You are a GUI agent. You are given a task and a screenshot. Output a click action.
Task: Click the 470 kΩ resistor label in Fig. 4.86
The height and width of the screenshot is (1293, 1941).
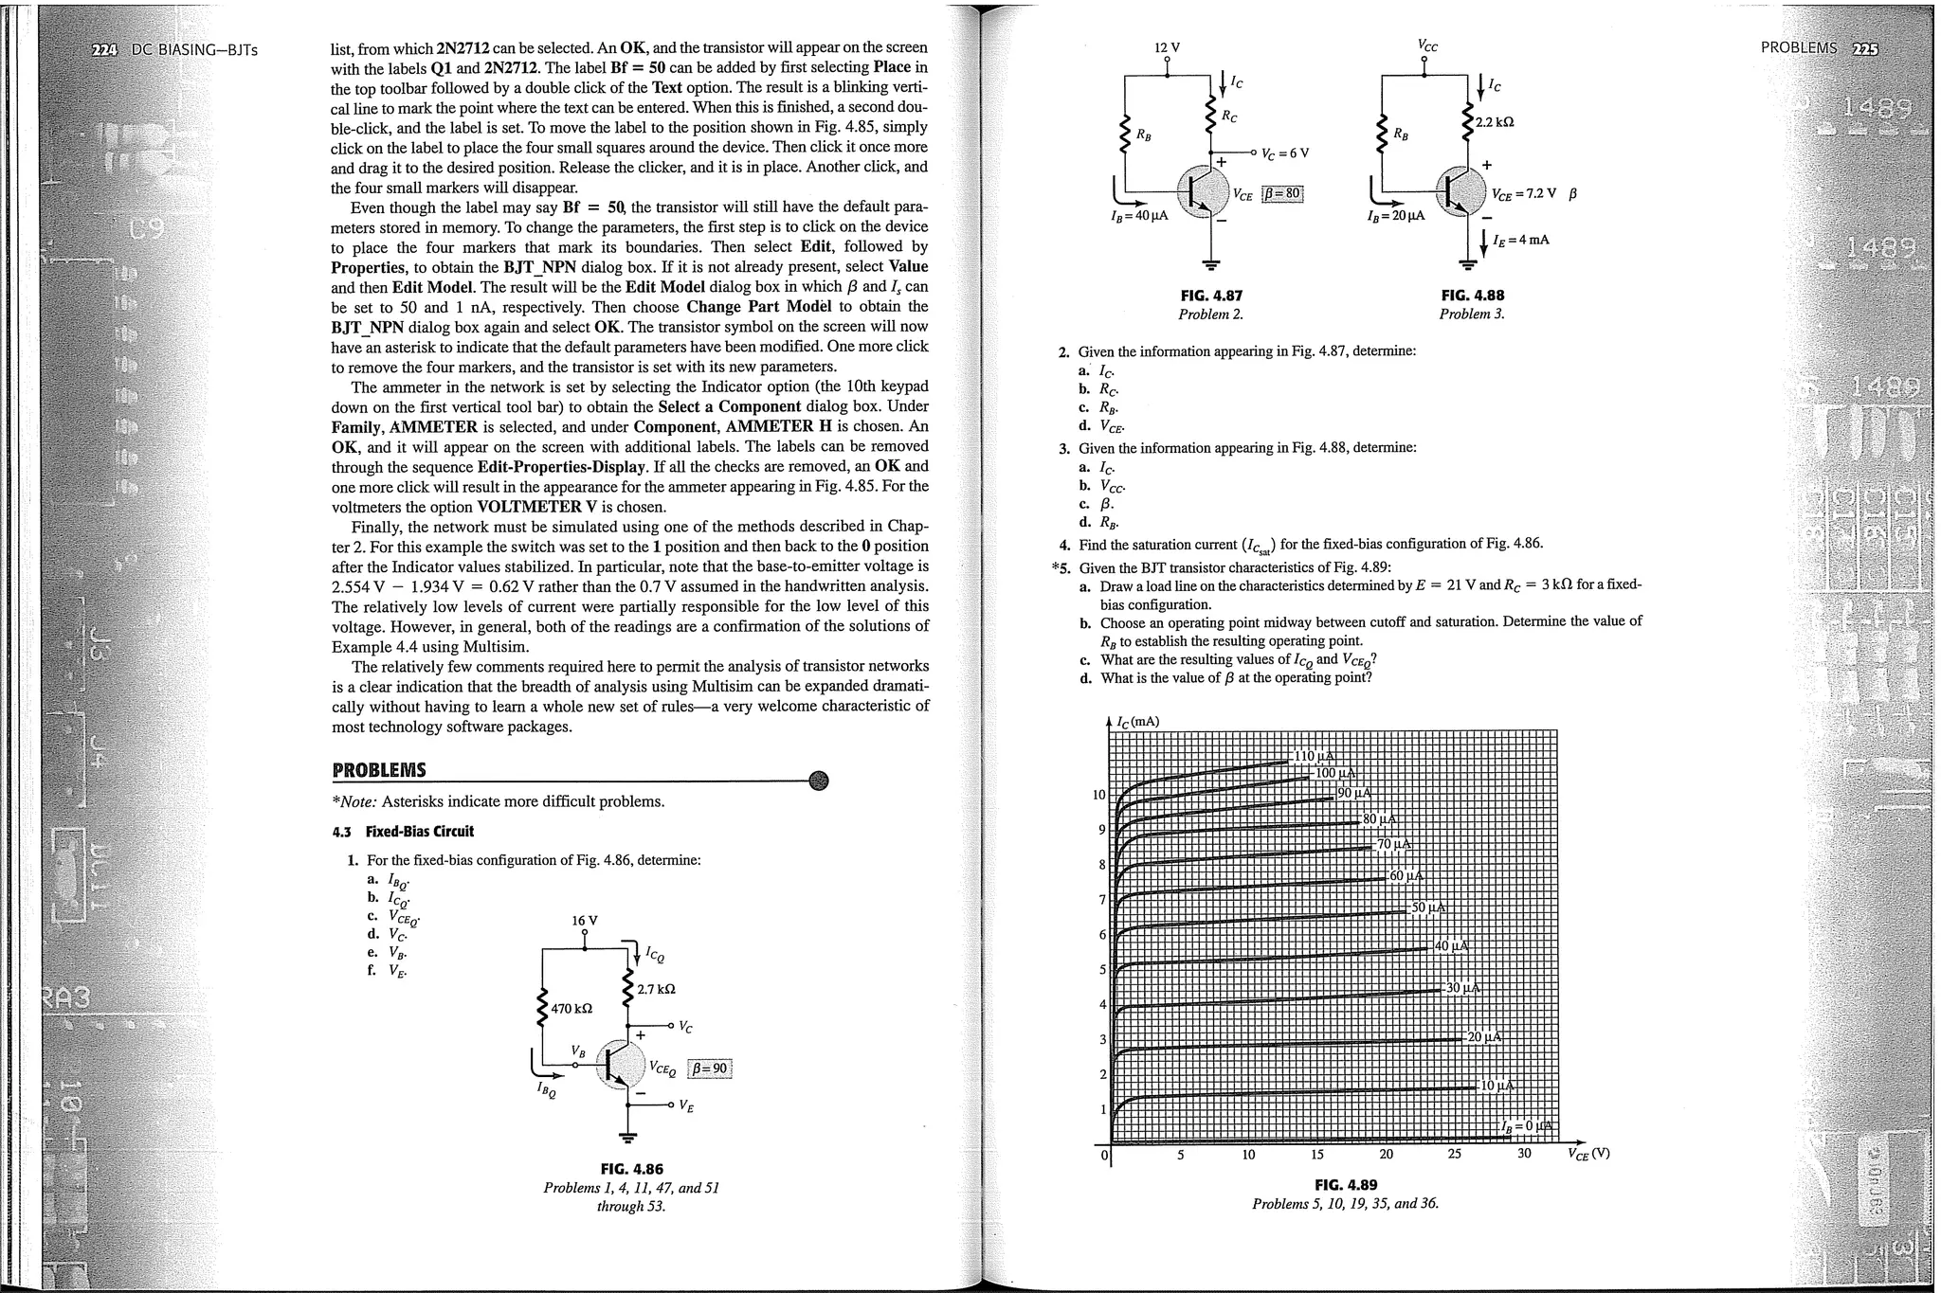tap(571, 1008)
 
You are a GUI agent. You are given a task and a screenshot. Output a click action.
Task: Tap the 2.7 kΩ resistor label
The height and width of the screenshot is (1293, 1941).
tap(656, 989)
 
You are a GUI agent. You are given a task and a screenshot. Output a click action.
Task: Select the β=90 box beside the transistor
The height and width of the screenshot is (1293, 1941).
tap(710, 1069)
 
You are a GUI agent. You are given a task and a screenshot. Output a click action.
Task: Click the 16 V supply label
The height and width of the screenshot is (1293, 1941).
tap(585, 921)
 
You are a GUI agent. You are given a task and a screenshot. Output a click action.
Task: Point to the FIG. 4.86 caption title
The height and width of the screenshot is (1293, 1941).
tap(630, 1169)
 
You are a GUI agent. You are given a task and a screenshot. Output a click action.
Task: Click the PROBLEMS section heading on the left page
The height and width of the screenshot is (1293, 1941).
tap(379, 770)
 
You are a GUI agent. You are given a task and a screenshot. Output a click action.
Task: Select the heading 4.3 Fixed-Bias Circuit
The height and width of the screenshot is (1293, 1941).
tap(403, 832)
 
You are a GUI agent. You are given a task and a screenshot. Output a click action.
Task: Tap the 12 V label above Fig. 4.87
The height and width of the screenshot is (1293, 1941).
tap(1167, 47)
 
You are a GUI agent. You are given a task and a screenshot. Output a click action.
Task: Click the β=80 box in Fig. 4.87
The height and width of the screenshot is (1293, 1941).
tap(1281, 194)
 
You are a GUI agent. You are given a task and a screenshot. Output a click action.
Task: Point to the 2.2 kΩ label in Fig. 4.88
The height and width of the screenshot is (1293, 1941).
tap(1495, 122)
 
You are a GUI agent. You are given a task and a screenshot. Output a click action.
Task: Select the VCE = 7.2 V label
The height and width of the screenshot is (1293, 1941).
tap(1523, 194)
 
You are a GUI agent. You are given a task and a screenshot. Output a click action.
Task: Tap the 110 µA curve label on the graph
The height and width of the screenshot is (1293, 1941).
tap(1314, 756)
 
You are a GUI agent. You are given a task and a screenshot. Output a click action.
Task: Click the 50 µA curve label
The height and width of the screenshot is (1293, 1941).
tap(1428, 907)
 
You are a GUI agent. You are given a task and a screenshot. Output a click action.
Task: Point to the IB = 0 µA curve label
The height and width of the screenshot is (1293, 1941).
tap(1528, 1125)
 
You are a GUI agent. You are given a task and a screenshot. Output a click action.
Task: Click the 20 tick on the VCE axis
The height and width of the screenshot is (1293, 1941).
tap(1387, 1155)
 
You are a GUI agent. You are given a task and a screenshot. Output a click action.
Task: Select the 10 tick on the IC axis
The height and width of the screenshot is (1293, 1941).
tap(1099, 795)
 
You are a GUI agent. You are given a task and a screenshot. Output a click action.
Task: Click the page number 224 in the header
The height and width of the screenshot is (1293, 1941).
tap(101, 49)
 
